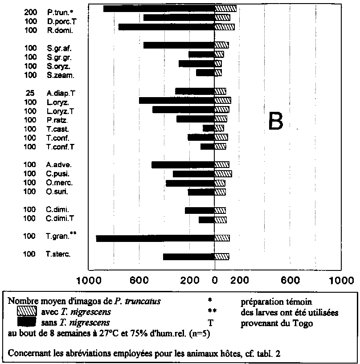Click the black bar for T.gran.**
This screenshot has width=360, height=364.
coord(155,238)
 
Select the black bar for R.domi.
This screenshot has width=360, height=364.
coord(166,27)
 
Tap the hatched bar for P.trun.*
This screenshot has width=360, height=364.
coord(225,8)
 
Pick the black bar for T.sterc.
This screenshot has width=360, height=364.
coord(188,257)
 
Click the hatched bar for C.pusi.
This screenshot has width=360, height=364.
coord(223,174)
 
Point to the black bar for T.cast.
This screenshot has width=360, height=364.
coord(209,128)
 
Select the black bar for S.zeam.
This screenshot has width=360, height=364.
coord(205,73)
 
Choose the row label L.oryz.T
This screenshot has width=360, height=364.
coord(60,110)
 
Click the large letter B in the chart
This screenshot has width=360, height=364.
coord(275,121)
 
